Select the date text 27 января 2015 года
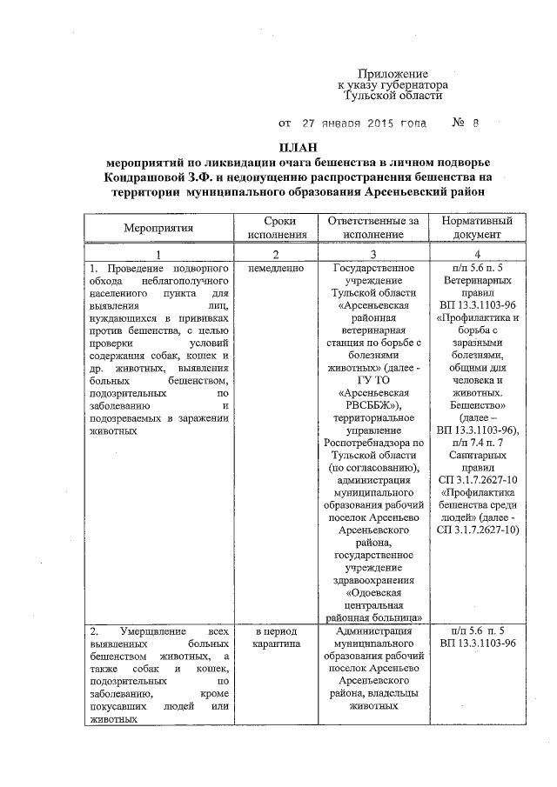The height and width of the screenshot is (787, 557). [x=364, y=123]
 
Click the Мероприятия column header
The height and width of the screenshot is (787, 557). [x=158, y=228]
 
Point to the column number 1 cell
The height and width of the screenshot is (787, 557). [x=158, y=254]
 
